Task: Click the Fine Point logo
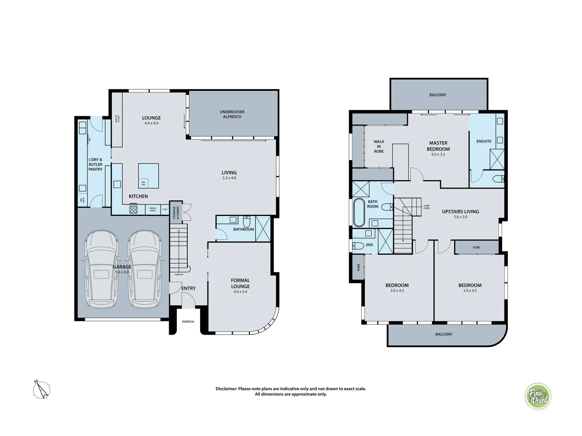pos(538,397)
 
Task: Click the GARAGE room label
pos(121,267)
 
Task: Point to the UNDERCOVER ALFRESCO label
pos(232,114)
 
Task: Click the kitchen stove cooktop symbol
pos(133,209)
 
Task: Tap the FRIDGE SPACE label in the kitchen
pos(153,210)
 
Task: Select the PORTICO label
pos(188,322)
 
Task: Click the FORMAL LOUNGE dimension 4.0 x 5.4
pos(240,291)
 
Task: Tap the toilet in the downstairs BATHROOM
pos(247,222)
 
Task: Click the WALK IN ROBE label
pos(379,146)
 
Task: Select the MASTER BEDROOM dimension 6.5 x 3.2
pos(438,154)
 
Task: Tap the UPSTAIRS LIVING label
pos(461,212)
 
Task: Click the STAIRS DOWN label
pos(426,207)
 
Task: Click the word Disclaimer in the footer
pos(226,389)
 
